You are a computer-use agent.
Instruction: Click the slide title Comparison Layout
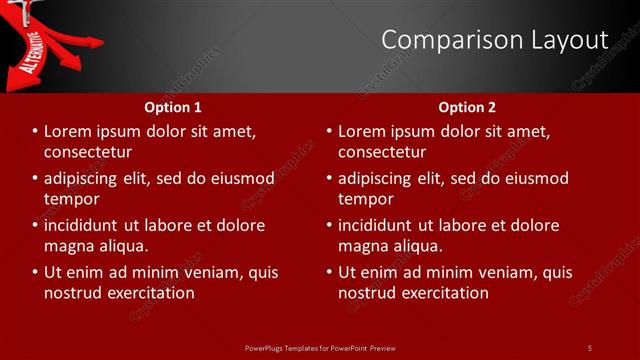click(x=495, y=40)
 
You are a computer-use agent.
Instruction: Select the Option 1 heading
click(x=173, y=107)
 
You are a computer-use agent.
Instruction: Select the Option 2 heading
click(x=467, y=107)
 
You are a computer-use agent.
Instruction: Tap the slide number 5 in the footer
click(x=589, y=347)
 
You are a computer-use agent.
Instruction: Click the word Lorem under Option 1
click(x=68, y=131)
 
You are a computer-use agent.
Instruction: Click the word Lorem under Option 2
click(x=362, y=131)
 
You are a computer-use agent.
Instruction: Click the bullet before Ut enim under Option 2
click(x=329, y=272)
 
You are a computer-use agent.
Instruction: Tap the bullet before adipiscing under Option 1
click(x=35, y=178)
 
